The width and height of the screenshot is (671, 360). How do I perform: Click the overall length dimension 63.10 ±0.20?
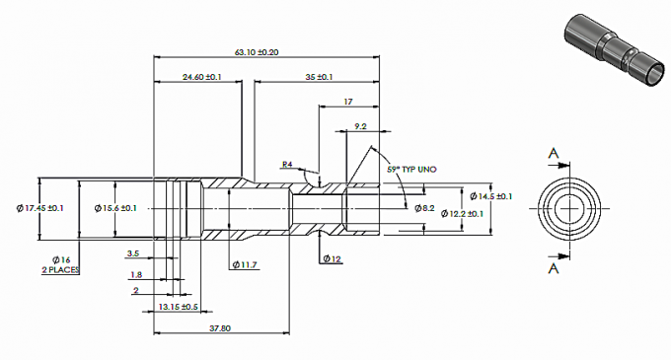[x=257, y=50]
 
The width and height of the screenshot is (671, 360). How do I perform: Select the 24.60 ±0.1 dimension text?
[x=201, y=76]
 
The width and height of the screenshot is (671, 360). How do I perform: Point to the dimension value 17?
[x=348, y=102]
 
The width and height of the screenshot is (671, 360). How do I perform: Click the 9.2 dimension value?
[x=360, y=126]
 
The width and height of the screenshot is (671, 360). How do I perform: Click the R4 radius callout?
[x=287, y=164]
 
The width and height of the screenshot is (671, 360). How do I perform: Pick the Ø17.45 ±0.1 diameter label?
[x=40, y=208]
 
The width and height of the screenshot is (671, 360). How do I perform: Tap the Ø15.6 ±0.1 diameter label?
[x=114, y=208]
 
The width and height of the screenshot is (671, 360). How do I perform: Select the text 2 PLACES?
[x=61, y=269]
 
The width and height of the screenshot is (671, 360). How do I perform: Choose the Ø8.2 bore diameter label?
[x=424, y=208]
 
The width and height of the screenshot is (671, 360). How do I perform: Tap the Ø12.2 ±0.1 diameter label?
[x=461, y=214]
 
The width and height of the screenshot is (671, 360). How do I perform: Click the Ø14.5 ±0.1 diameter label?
[x=490, y=196]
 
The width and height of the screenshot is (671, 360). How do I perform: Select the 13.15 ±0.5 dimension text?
[x=179, y=307]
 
